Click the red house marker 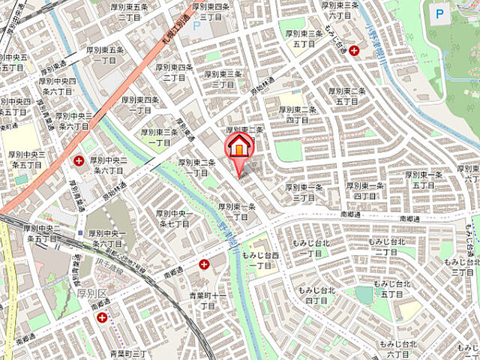(x=238, y=146)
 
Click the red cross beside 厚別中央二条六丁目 (x=79, y=160)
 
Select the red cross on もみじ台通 (x=353, y=49)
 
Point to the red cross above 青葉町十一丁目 (x=205, y=263)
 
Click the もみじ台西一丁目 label (x=259, y=260)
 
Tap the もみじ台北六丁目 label (x=401, y=349)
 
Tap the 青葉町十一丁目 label (x=207, y=301)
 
